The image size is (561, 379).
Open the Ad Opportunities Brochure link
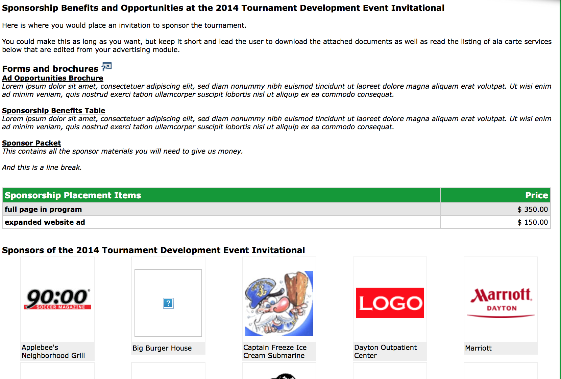coord(53,78)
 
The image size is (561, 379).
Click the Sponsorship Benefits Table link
coord(54,110)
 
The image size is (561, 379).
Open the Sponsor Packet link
coord(31,143)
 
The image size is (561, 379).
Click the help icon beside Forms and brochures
coord(106,67)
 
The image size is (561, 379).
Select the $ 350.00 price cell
coord(533,209)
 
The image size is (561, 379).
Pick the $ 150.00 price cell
coord(533,222)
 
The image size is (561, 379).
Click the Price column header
coord(536,195)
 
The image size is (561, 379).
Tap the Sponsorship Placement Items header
coord(73,195)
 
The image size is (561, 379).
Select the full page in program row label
coord(43,209)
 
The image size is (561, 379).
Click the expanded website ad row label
coord(45,222)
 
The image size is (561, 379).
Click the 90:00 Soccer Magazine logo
coord(57,299)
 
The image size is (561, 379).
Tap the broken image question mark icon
coord(168,303)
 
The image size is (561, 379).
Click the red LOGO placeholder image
coord(390,303)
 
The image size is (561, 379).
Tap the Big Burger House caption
coord(162,348)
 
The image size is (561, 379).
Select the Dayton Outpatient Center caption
coord(385,351)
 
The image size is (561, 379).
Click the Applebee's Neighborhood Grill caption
coord(53,351)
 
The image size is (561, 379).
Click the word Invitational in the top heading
coord(418,8)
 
